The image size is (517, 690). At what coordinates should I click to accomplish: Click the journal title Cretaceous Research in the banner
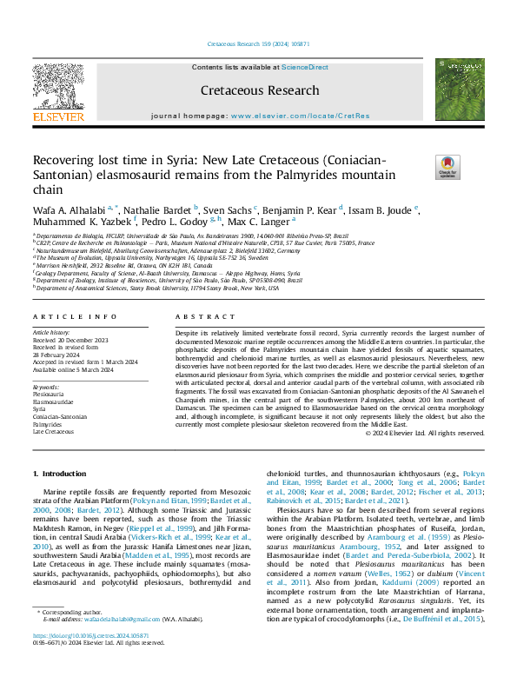[259, 90]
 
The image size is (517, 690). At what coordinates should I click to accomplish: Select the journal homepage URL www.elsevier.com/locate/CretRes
[300, 116]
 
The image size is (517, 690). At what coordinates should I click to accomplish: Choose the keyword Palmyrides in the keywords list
[51, 422]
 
